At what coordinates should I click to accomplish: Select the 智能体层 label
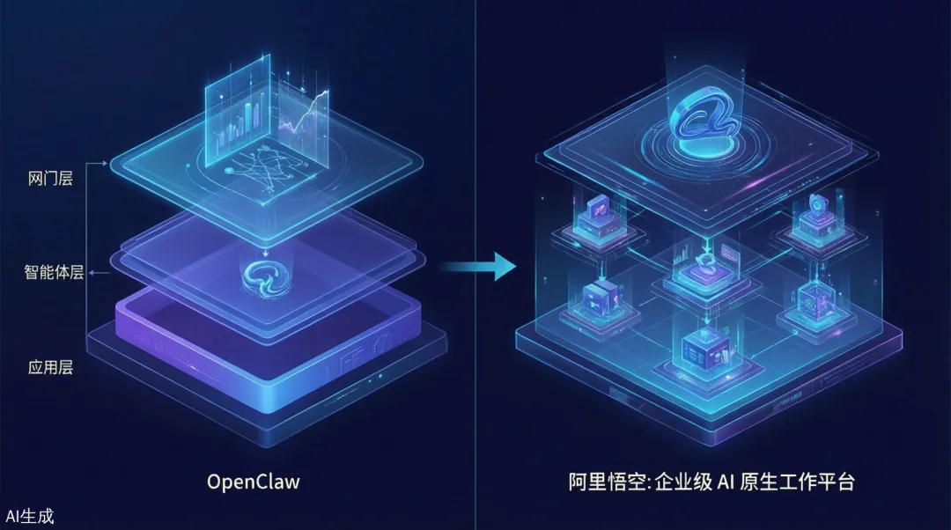click(54, 273)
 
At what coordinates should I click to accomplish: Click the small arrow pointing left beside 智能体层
click(97, 274)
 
